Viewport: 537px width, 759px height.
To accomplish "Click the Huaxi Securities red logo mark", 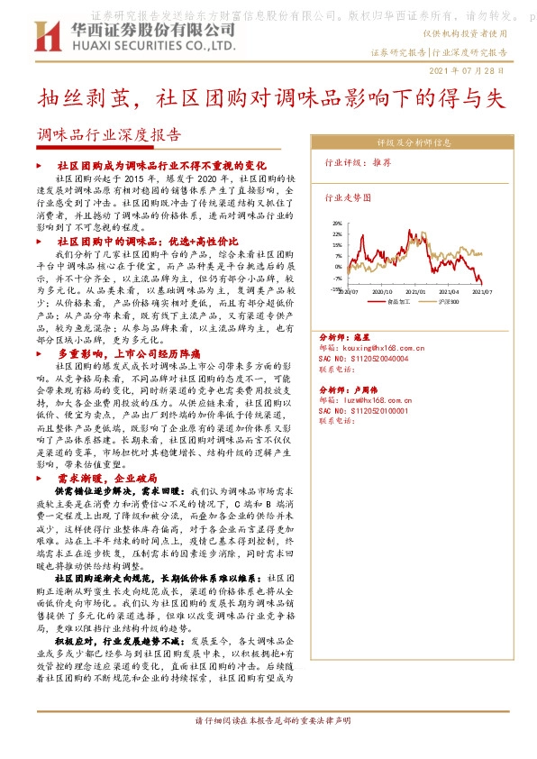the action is (x=44, y=37).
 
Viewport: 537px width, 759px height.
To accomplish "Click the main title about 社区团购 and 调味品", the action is (x=268, y=99).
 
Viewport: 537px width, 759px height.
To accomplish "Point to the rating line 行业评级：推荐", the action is (x=358, y=163).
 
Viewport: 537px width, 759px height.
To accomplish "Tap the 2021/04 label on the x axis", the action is (x=449, y=292).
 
